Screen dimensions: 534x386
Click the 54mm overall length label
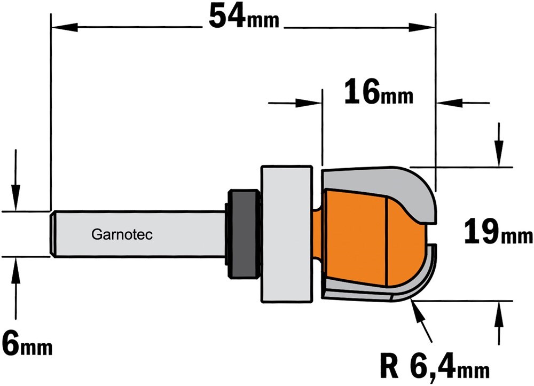click(x=244, y=18)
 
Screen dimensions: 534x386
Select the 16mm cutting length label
click(x=379, y=91)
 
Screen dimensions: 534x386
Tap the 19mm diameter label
click(x=498, y=232)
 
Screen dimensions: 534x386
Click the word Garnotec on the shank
click(x=122, y=234)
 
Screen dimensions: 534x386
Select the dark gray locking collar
click(x=242, y=234)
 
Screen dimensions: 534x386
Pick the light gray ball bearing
click(x=287, y=234)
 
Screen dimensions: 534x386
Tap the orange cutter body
click(x=371, y=238)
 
